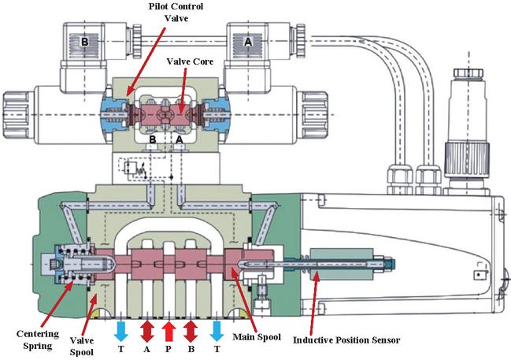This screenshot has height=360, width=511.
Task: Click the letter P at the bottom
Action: click(168, 349)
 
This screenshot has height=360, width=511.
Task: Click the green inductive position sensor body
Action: click(334, 262)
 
